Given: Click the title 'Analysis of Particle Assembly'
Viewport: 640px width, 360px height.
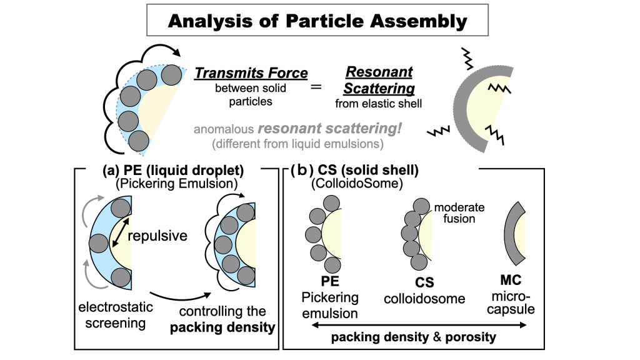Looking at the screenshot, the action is coord(317,21).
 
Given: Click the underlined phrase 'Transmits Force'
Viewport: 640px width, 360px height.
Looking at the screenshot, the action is coord(251,73).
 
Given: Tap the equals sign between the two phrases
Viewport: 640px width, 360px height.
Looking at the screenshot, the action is coord(316,86).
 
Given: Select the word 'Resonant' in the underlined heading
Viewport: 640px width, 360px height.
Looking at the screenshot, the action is coord(379,72).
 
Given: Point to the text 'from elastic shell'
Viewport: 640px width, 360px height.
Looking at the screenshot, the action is coord(378,104).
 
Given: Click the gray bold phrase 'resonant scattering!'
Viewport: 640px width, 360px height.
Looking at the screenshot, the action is coord(330,129).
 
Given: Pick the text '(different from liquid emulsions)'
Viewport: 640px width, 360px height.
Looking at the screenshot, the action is coord(297,144).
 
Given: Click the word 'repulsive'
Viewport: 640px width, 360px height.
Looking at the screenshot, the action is coord(157,236).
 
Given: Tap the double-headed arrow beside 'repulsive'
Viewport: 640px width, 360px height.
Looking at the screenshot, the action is coord(121,232).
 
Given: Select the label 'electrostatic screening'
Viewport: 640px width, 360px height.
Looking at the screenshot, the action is coord(116,315).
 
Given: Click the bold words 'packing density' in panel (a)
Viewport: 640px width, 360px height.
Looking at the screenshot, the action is coord(222,327).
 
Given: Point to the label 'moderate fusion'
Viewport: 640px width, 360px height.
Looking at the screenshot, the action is coord(459,212).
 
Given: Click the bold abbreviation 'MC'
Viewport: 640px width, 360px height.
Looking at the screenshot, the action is coord(511,280).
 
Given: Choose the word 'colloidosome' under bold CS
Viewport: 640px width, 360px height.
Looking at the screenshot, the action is coord(424,299).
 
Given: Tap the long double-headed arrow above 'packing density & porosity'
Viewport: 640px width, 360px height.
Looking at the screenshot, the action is coord(419,325).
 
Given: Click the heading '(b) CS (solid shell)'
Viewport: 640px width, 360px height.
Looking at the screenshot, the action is coord(354,170).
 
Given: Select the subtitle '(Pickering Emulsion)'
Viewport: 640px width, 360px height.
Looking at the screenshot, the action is coord(177,184).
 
